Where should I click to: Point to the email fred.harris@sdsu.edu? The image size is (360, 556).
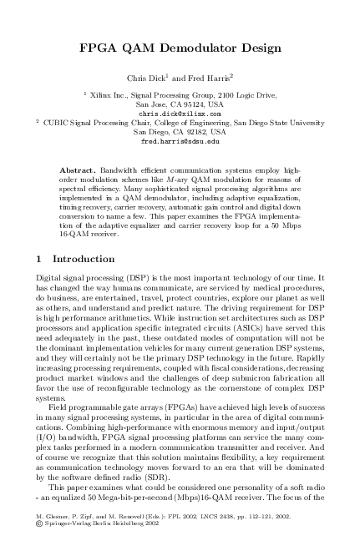[x=181, y=142]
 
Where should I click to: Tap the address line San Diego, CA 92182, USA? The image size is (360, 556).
[x=181, y=132]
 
